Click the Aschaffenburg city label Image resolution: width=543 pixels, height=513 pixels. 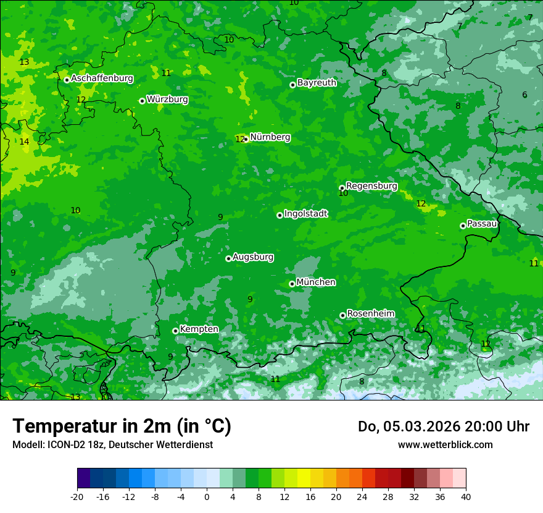click(102, 78)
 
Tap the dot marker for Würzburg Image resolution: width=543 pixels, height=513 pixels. click(142, 101)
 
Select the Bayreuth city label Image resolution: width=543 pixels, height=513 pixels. click(317, 82)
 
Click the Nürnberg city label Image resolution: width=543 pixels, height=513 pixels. click(270, 137)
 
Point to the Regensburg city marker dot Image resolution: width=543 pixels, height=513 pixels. click(342, 188)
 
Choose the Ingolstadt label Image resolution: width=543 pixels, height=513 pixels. click(305, 214)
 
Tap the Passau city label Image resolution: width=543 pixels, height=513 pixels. click(482, 224)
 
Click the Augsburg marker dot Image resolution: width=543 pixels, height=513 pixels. click(228, 258)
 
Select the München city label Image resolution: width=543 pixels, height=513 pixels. click(316, 282)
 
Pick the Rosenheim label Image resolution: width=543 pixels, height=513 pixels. click(370, 313)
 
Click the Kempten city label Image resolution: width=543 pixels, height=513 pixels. click(199, 329)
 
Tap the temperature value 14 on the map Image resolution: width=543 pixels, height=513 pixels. click(24, 142)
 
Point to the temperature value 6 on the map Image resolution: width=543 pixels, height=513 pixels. click(524, 95)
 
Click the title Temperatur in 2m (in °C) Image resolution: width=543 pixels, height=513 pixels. click(122, 426)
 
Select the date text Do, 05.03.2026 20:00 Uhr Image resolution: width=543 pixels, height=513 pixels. click(443, 426)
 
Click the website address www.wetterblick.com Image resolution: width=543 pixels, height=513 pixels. click(445, 444)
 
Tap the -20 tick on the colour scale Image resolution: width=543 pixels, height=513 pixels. click(77, 496)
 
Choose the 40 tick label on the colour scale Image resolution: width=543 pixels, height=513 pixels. click(466, 496)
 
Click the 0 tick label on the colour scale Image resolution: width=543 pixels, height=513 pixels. click(207, 496)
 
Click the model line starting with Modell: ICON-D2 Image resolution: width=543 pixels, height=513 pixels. click(112, 444)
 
